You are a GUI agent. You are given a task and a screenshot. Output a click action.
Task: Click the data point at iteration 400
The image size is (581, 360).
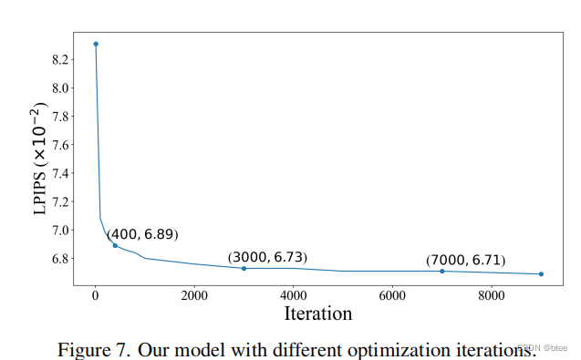click(x=115, y=245)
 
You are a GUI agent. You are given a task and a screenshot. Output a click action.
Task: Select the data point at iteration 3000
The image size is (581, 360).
click(x=244, y=268)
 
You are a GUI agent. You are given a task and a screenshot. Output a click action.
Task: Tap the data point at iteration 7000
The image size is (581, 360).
click(x=441, y=271)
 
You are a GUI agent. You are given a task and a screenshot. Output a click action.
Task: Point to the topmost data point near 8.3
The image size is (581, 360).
click(x=96, y=44)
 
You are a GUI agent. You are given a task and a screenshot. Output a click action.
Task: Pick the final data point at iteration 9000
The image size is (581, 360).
click(x=541, y=273)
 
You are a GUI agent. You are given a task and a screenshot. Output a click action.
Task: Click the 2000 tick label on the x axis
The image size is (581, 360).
click(x=194, y=295)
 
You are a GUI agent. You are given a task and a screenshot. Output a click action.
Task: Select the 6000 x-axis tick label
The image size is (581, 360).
click(x=392, y=295)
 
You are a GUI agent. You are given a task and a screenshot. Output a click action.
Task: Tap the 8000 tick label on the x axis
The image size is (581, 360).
click(x=492, y=295)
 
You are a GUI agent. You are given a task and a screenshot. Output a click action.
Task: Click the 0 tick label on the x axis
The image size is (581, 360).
click(x=95, y=295)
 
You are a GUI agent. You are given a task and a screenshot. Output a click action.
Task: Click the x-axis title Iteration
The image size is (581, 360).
click(x=318, y=314)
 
